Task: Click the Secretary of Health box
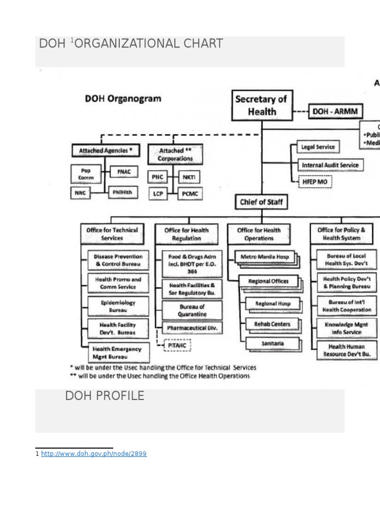[x=262, y=105]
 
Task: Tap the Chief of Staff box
[x=261, y=202]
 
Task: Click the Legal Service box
[x=318, y=147]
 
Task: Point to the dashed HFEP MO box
[x=315, y=182]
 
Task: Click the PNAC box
[x=124, y=172]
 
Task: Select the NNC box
[x=80, y=193]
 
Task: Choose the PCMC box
[x=189, y=194]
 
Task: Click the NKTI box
[x=189, y=176]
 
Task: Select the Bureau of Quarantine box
[x=192, y=310]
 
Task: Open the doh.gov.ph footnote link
[x=94, y=454]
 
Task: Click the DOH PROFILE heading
[x=105, y=396]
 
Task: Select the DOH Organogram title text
[x=123, y=99]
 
